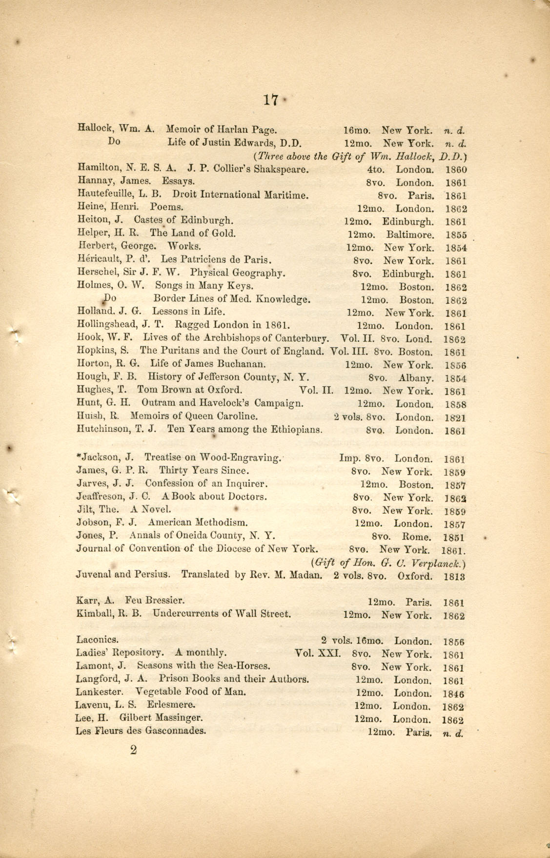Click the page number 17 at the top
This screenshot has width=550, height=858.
point(270,100)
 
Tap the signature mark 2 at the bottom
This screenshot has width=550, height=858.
point(133,750)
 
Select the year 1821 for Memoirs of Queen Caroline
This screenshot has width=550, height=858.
point(455,418)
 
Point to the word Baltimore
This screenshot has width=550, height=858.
point(410,234)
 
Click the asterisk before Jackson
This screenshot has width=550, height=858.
point(79,457)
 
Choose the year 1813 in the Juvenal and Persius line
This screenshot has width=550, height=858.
point(454,576)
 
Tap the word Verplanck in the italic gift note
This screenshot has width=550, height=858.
point(440,563)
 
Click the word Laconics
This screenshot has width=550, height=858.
point(97,640)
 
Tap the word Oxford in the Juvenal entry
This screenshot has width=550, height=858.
point(415,575)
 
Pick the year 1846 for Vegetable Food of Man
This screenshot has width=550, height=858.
point(454,694)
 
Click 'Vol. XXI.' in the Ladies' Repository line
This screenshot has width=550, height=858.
point(317,653)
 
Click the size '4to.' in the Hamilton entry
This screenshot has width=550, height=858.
point(376,170)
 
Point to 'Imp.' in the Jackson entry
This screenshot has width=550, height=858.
point(350,459)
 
